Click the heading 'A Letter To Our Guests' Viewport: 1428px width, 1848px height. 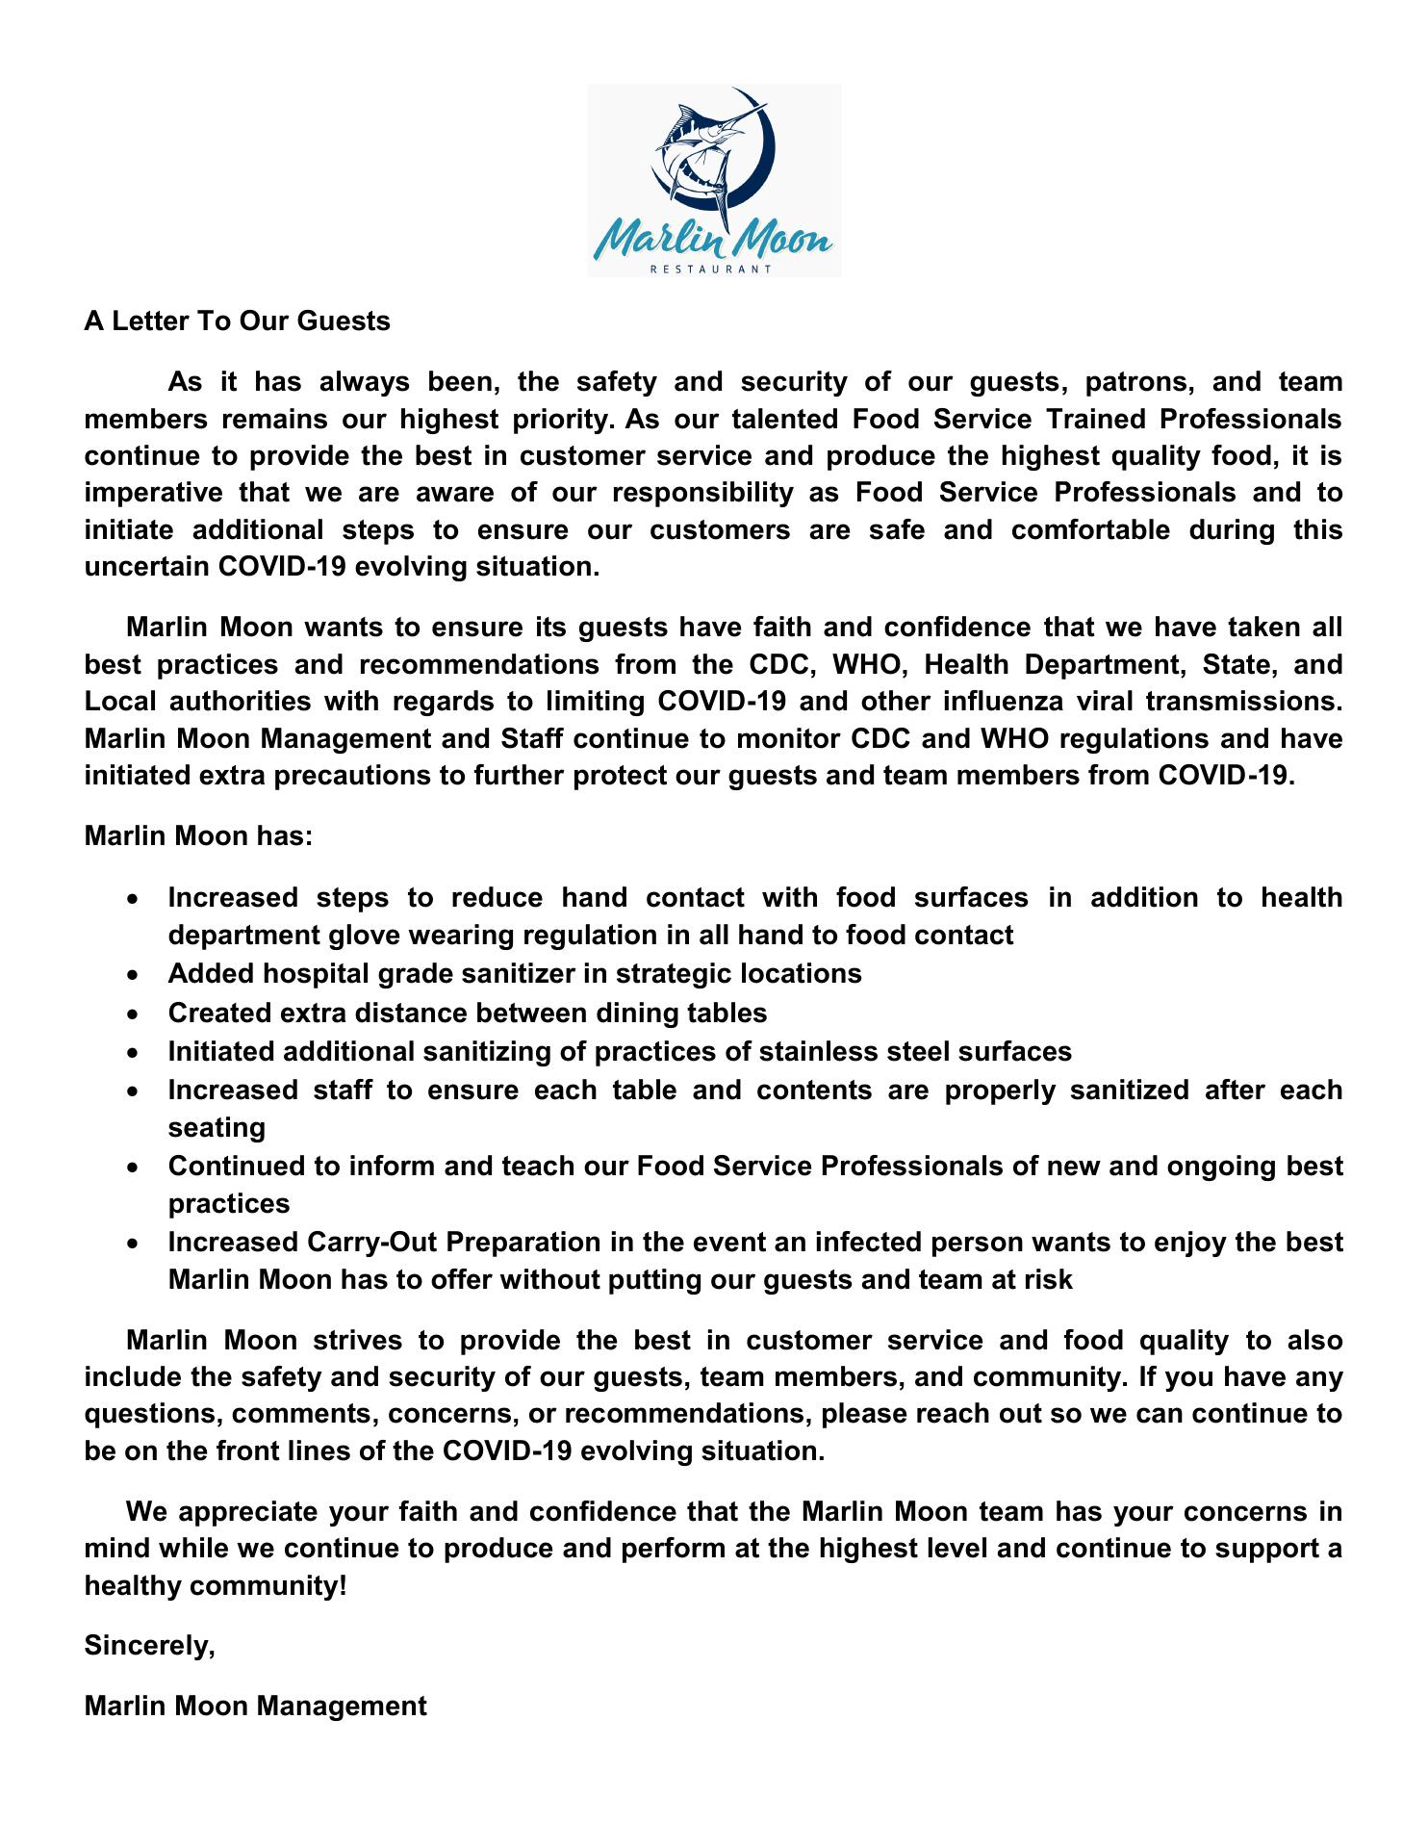237,321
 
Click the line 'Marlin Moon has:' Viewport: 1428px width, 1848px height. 198,835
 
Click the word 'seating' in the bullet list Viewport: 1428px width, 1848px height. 217,1127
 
